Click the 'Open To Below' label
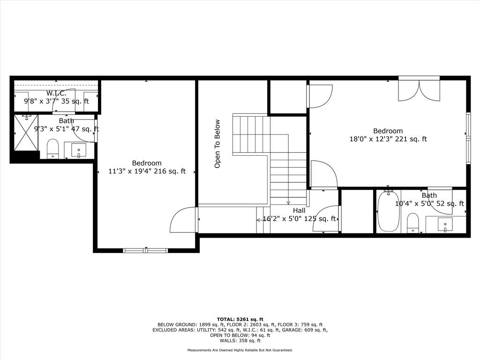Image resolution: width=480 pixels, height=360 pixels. coord(217,143)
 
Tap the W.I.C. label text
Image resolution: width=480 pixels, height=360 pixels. coord(56,93)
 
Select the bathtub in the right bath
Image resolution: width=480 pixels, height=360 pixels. coord(389,211)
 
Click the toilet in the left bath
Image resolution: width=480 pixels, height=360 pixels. coord(52,149)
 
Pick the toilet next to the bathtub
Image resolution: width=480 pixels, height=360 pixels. coord(412,223)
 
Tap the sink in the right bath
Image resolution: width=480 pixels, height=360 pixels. coord(445,225)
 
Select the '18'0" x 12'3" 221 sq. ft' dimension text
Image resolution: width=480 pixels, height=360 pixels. coord(388,139)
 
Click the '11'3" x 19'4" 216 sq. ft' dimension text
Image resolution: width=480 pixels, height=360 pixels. coord(147,171)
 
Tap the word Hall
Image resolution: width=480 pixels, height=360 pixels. coord(299,210)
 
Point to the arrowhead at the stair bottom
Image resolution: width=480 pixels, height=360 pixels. coord(288,202)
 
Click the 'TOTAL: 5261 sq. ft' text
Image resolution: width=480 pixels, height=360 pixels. coord(240,319)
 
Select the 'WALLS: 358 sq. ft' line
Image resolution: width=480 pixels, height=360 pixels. coord(240,340)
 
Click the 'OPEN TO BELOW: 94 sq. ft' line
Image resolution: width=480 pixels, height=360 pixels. coord(240,335)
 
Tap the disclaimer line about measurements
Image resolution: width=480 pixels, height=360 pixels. coord(240,350)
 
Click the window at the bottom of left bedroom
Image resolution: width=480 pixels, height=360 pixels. coord(145,250)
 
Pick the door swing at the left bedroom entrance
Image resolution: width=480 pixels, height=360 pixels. coord(182,220)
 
